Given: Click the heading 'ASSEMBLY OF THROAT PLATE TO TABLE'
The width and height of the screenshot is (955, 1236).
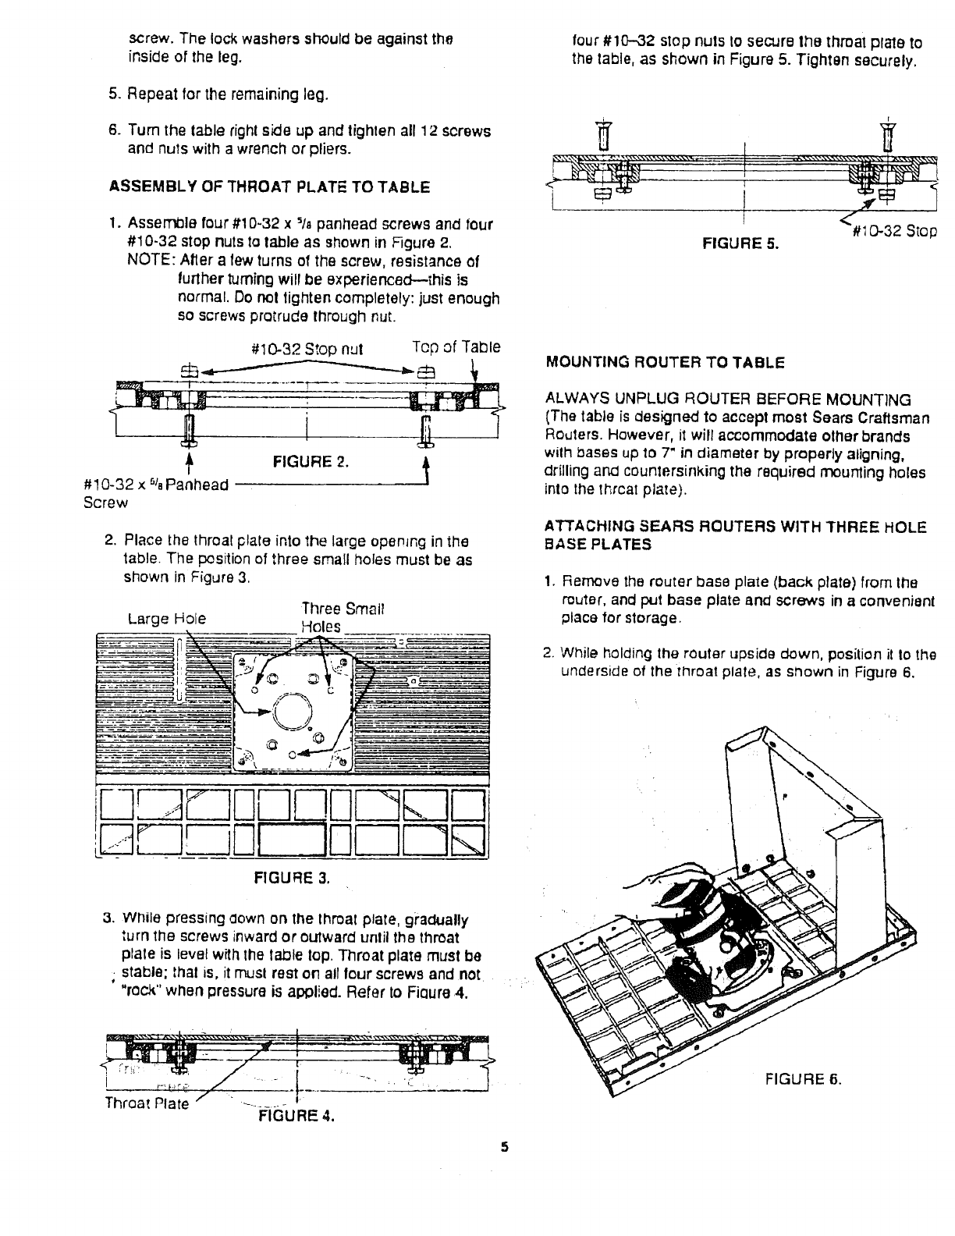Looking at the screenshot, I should (x=268, y=187).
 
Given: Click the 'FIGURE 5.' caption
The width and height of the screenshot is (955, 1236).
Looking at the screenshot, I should (x=741, y=243).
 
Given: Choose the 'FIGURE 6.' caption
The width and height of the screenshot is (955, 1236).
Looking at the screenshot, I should (x=803, y=1079).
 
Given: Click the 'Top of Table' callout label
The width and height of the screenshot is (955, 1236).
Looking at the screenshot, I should (x=456, y=347).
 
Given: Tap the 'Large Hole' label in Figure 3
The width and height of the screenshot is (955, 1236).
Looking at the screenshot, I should (x=167, y=619).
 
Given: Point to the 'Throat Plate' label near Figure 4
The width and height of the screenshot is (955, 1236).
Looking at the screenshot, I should (x=147, y=1103).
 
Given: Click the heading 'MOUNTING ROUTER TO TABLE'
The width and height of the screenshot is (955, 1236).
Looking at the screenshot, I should (x=665, y=363).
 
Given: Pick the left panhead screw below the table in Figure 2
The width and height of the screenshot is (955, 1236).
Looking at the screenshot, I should (x=188, y=432).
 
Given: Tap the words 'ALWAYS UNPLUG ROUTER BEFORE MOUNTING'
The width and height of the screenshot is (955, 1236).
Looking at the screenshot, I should (x=728, y=400).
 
